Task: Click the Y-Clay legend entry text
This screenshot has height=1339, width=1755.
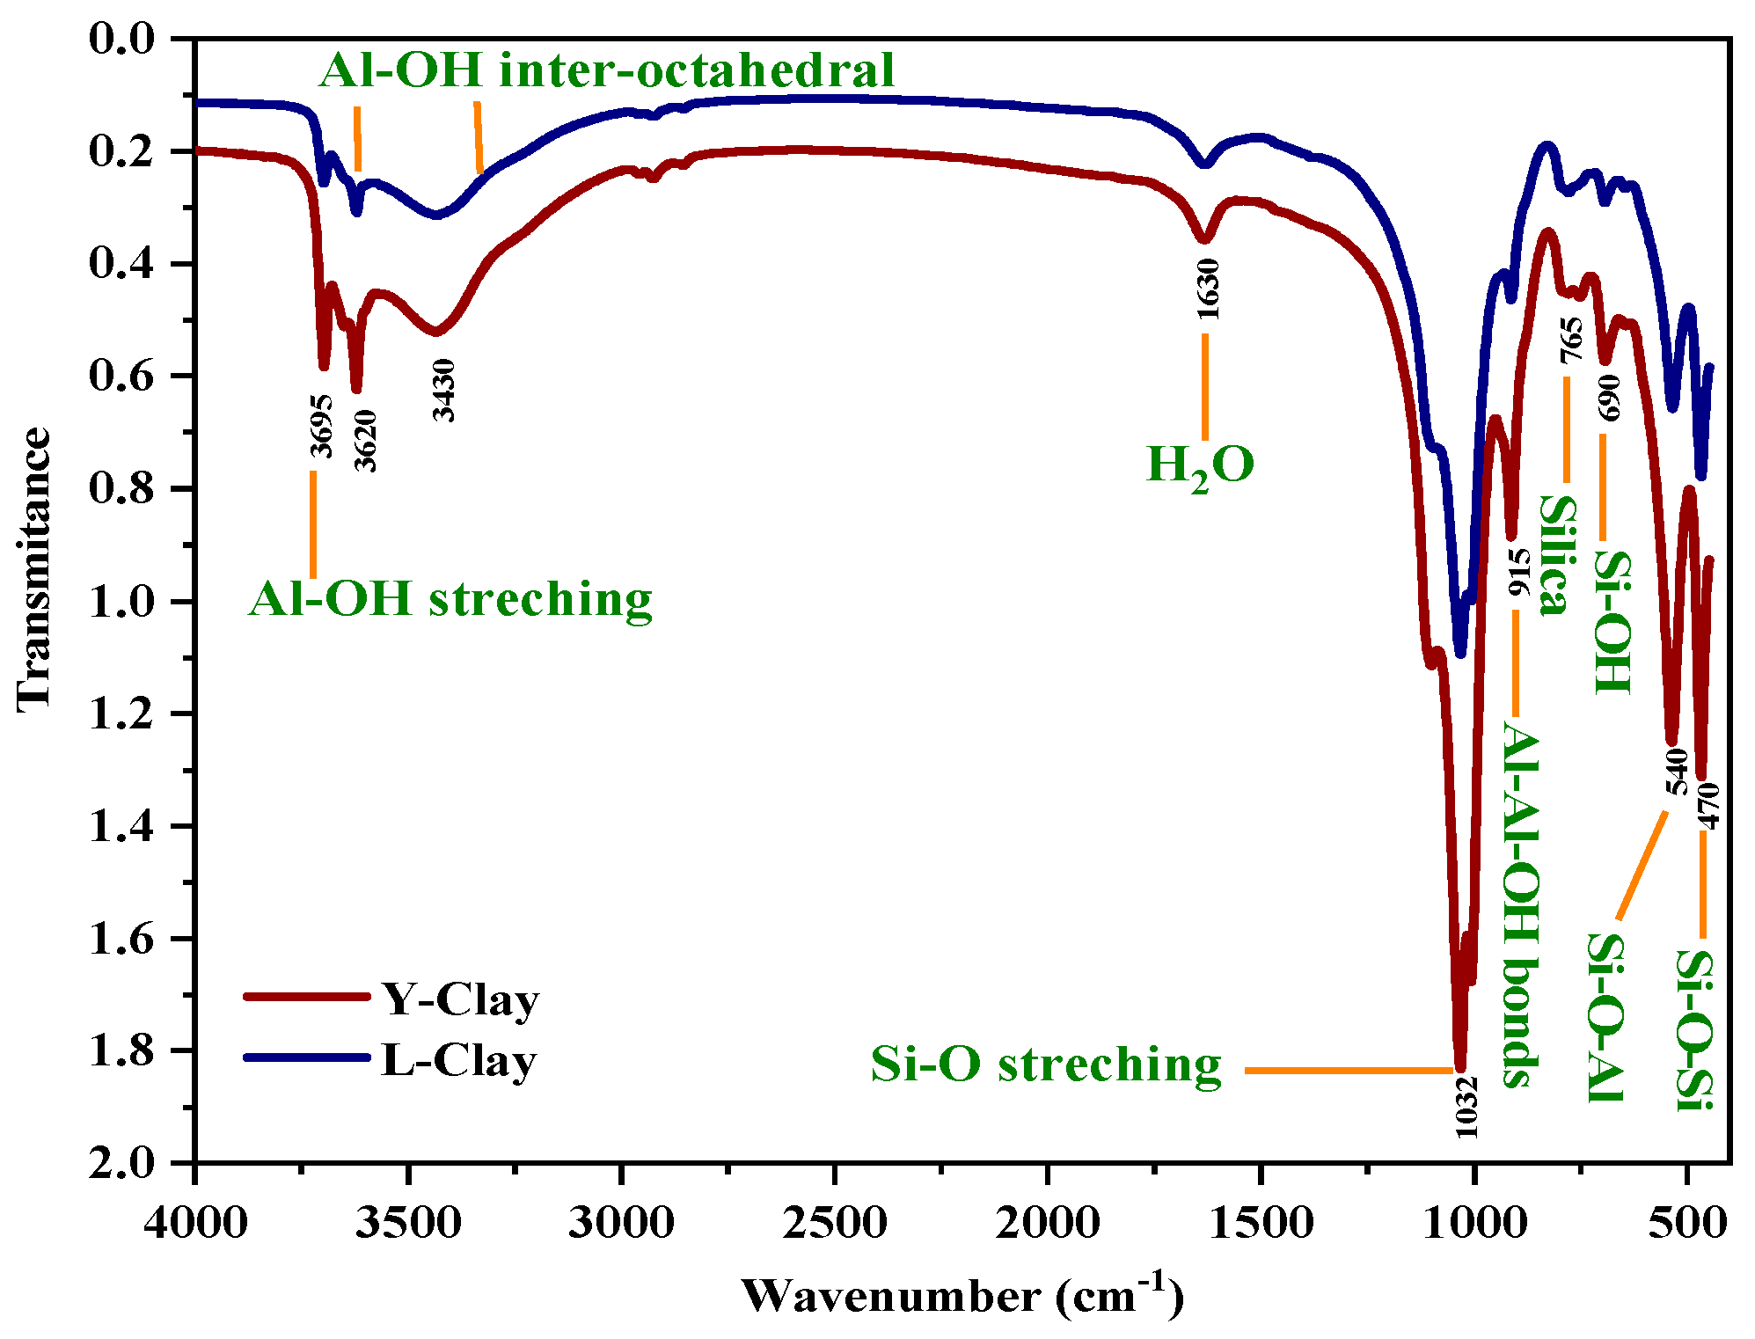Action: coord(460,1000)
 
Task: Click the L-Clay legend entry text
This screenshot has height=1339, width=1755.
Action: coord(458,1061)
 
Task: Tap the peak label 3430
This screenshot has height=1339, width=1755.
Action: coord(444,391)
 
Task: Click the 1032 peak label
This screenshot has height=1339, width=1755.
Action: coord(1466,1107)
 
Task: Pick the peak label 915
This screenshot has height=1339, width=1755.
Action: coord(1519,573)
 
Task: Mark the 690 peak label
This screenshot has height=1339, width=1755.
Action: coord(1609,398)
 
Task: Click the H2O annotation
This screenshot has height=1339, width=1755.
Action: coord(1200,465)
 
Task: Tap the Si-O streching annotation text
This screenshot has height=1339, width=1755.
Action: coord(1046,1065)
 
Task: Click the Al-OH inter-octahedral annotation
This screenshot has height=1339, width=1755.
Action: coord(606,70)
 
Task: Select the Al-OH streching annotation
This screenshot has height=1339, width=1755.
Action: coord(450,600)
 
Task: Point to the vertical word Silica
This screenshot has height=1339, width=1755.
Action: coord(1555,556)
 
